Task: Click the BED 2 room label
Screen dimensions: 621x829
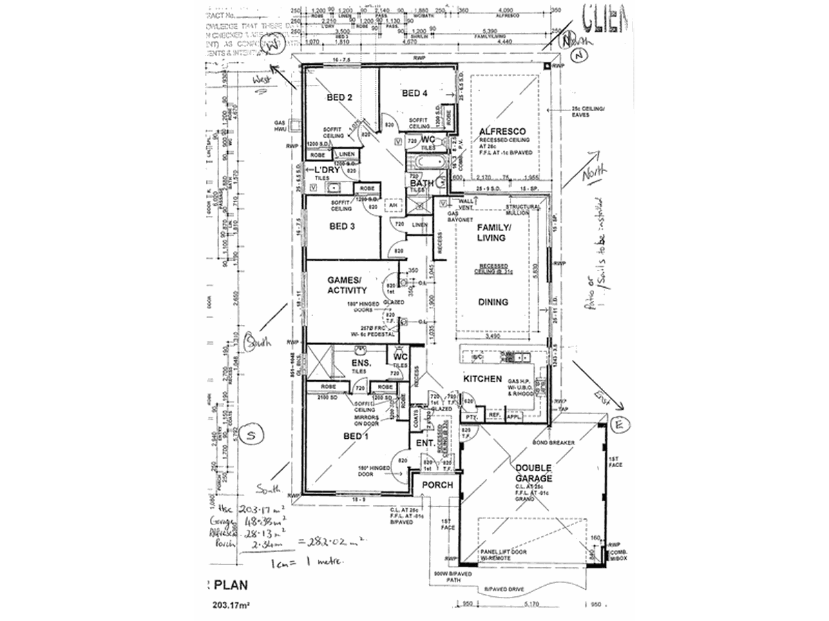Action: tap(340, 98)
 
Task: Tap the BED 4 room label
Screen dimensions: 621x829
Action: tap(415, 94)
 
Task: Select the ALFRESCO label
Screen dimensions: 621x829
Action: tap(502, 131)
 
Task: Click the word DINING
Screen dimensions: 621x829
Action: tap(493, 302)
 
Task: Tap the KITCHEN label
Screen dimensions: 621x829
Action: tap(482, 379)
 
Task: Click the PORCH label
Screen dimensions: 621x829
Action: tap(438, 484)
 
